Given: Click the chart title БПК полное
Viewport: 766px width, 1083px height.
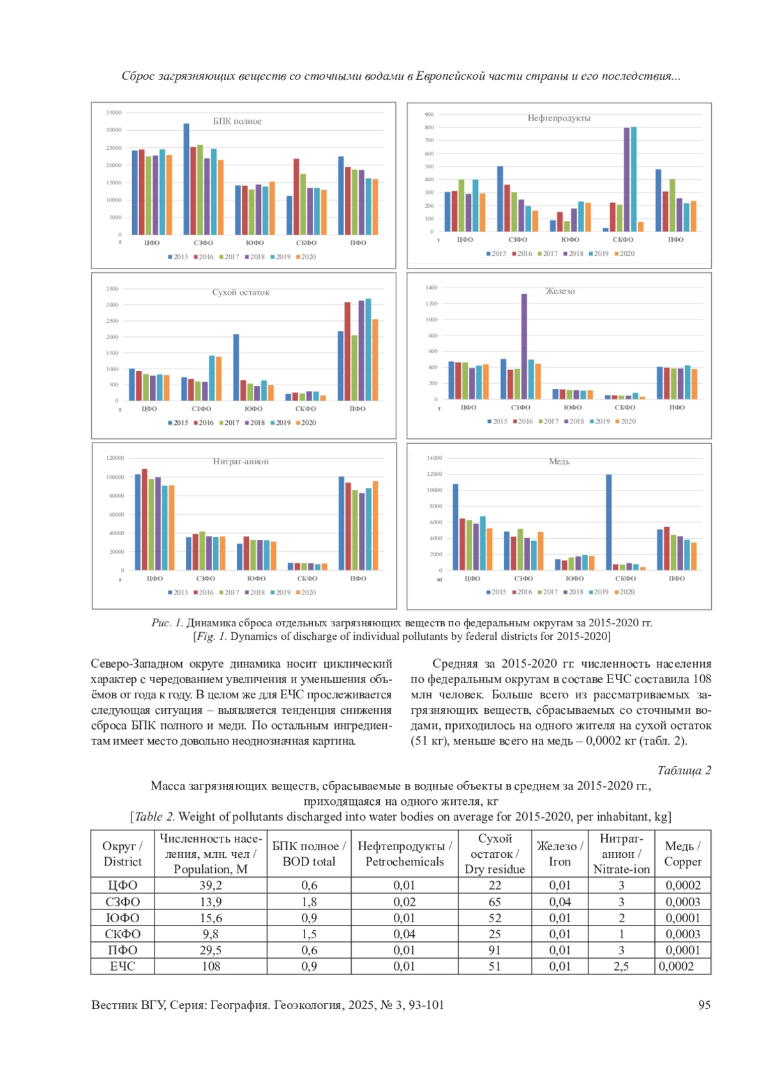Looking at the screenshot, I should coord(237,121).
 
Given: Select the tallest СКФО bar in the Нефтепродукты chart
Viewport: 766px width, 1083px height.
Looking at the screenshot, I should coord(633,179).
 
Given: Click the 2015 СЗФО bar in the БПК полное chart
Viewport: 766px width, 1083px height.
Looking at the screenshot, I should coord(186,179).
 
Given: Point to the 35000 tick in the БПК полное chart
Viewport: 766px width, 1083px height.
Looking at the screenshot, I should coord(114,113).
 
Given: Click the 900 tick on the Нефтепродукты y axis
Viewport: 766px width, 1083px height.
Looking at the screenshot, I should coord(429,115).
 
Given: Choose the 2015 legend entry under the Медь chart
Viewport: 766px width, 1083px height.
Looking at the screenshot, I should coord(496,592).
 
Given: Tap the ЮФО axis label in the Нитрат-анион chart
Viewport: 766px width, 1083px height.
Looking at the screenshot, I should coord(256,578).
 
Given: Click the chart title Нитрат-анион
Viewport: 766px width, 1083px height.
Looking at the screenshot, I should coord(241,461).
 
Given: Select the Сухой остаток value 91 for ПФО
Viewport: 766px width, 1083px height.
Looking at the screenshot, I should coord(495,950).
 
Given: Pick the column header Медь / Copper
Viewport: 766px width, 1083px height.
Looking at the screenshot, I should coord(682,853).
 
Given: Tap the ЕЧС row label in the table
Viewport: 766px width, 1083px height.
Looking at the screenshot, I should coord(123,966).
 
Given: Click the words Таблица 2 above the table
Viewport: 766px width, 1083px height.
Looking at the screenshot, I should coord(684,770).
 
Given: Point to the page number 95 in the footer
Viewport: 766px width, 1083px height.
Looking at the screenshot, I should coord(704,1005).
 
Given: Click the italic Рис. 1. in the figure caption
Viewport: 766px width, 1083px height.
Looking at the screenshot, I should coord(167,623).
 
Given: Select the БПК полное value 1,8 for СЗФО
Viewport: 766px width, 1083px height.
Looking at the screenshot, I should coord(309,902).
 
